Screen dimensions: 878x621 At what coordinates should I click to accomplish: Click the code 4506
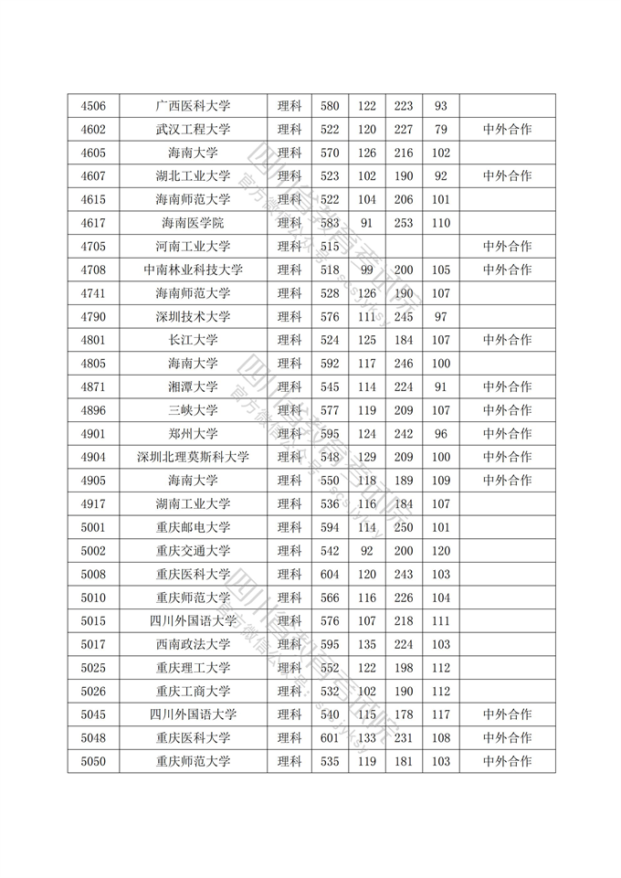tap(93, 106)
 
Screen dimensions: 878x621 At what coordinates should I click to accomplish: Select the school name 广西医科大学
tap(193, 106)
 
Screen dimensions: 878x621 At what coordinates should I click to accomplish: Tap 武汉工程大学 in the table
tap(193, 130)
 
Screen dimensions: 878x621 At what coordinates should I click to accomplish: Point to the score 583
tap(330, 223)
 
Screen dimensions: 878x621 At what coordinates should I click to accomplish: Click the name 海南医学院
tap(193, 223)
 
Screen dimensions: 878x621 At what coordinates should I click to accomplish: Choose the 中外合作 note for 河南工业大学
tap(507, 247)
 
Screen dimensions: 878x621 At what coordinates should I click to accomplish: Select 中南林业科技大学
tap(193, 270)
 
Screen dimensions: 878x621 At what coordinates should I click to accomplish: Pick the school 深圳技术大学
tap(193, 316)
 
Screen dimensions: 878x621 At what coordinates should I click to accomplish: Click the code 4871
tap(93, 386)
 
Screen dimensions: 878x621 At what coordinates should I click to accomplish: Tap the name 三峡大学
tap(193, 410)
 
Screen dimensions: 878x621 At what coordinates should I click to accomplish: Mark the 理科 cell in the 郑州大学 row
tap(289, 433)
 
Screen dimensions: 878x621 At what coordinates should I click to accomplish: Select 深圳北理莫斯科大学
tap(193, 457)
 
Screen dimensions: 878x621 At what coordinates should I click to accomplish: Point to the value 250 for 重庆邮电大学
tap(404, 527)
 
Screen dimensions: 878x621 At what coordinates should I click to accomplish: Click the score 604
tap(330, 574)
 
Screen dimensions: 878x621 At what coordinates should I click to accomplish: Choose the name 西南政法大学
tap(193, 644)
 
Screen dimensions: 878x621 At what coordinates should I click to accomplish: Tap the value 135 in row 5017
tap(367, 644)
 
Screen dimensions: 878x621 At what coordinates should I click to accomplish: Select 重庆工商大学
tap(193, 691)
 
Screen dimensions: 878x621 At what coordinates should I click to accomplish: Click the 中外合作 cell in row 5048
tap(507, 737)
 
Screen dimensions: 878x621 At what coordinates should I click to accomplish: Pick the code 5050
tap(93, 761)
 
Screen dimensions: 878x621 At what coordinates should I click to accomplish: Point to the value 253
tap(404, 223)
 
